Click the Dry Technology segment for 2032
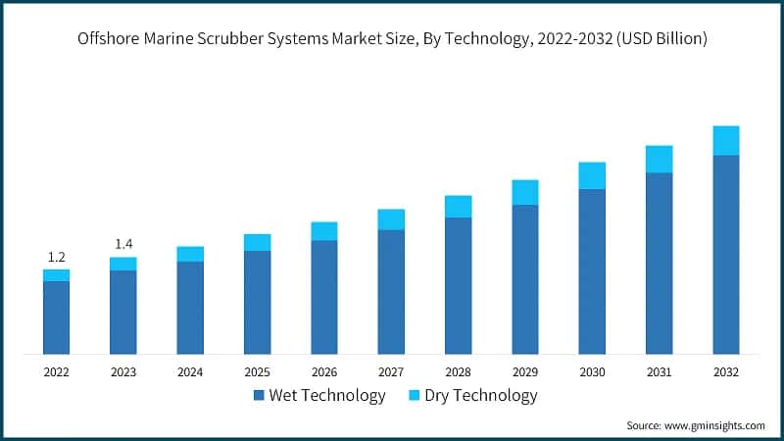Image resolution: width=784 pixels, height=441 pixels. coord(725,140)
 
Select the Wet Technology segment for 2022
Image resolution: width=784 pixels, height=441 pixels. coord(56,317)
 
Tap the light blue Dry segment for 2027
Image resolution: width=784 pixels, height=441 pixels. coord(391,220)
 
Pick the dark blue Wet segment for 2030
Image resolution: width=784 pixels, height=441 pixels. coord(592,270)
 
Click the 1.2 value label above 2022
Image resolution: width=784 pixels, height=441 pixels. coord(56,257)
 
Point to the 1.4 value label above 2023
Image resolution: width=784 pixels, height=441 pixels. coord(123,243)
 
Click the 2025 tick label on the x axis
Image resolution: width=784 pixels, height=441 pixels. coord(257,372)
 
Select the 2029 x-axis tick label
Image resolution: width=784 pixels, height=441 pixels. coord(525,372)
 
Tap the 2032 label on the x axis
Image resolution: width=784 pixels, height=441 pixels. coord(725,372)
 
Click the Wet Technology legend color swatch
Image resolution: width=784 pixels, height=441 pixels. coord(259,396)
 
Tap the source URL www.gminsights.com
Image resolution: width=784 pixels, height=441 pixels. coord(714,425)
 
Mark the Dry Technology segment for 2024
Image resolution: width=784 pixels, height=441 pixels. coord(190,254)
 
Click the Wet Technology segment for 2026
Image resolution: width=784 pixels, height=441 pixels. coord(324,296)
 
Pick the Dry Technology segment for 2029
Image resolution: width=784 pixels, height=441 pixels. coord(525,192)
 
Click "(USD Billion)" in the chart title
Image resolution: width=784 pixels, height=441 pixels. coord(661,39)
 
